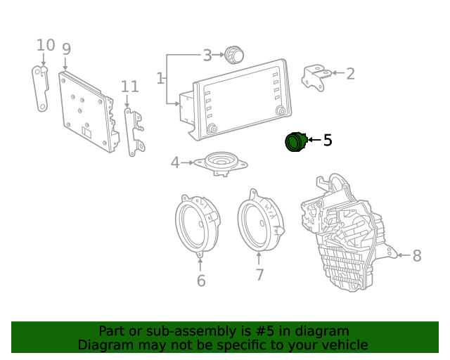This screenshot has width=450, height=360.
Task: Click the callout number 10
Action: click(x=45, y=46)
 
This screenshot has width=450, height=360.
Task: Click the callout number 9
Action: click(x=66, y=49)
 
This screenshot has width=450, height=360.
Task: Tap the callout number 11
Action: click(x=129, y=86)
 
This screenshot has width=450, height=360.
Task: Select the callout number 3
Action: click(x=207, y=55)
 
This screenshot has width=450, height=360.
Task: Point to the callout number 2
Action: click(x=350, y=73)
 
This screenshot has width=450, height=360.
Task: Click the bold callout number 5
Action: click(x=327, y=141)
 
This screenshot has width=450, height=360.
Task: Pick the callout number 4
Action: click(x=175, y=163)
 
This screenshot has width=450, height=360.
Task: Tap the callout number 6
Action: click(x=201, y=281)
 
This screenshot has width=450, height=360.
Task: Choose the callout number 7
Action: click(x=259, y=275)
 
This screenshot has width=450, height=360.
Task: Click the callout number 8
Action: click(x=417, y=256)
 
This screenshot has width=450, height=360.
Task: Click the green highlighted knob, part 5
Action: click(x=295, y=142)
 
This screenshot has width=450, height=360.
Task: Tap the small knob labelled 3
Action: click(x=233, y=54)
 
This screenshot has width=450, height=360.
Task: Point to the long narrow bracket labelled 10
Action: click(x=40, y=88)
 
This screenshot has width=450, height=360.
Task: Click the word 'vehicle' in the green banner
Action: click(x=344, y=345)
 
